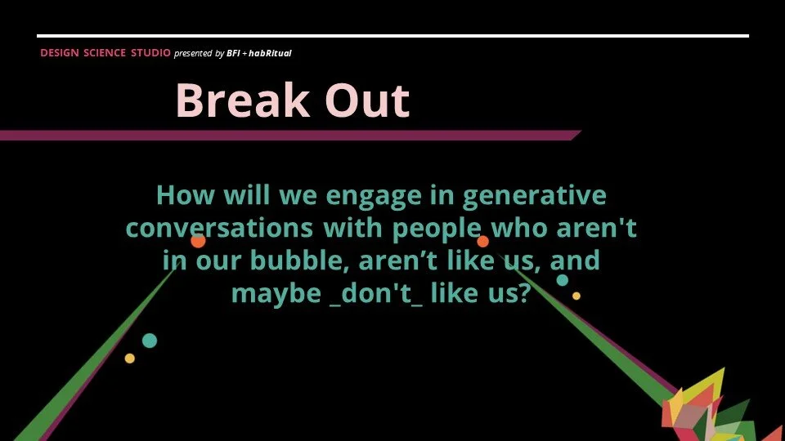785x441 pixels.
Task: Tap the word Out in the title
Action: tap(366, 101)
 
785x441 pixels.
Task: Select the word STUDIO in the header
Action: tap(150, 53)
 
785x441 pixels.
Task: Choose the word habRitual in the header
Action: tap(271, 53)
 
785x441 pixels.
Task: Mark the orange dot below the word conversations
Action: tap(198, 241)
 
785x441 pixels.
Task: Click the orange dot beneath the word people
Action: tap(483, 241)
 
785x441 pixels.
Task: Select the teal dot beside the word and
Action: tap(563, 280)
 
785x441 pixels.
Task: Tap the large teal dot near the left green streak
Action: tap(150, 341)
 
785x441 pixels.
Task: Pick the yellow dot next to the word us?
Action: tap(576, 296)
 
